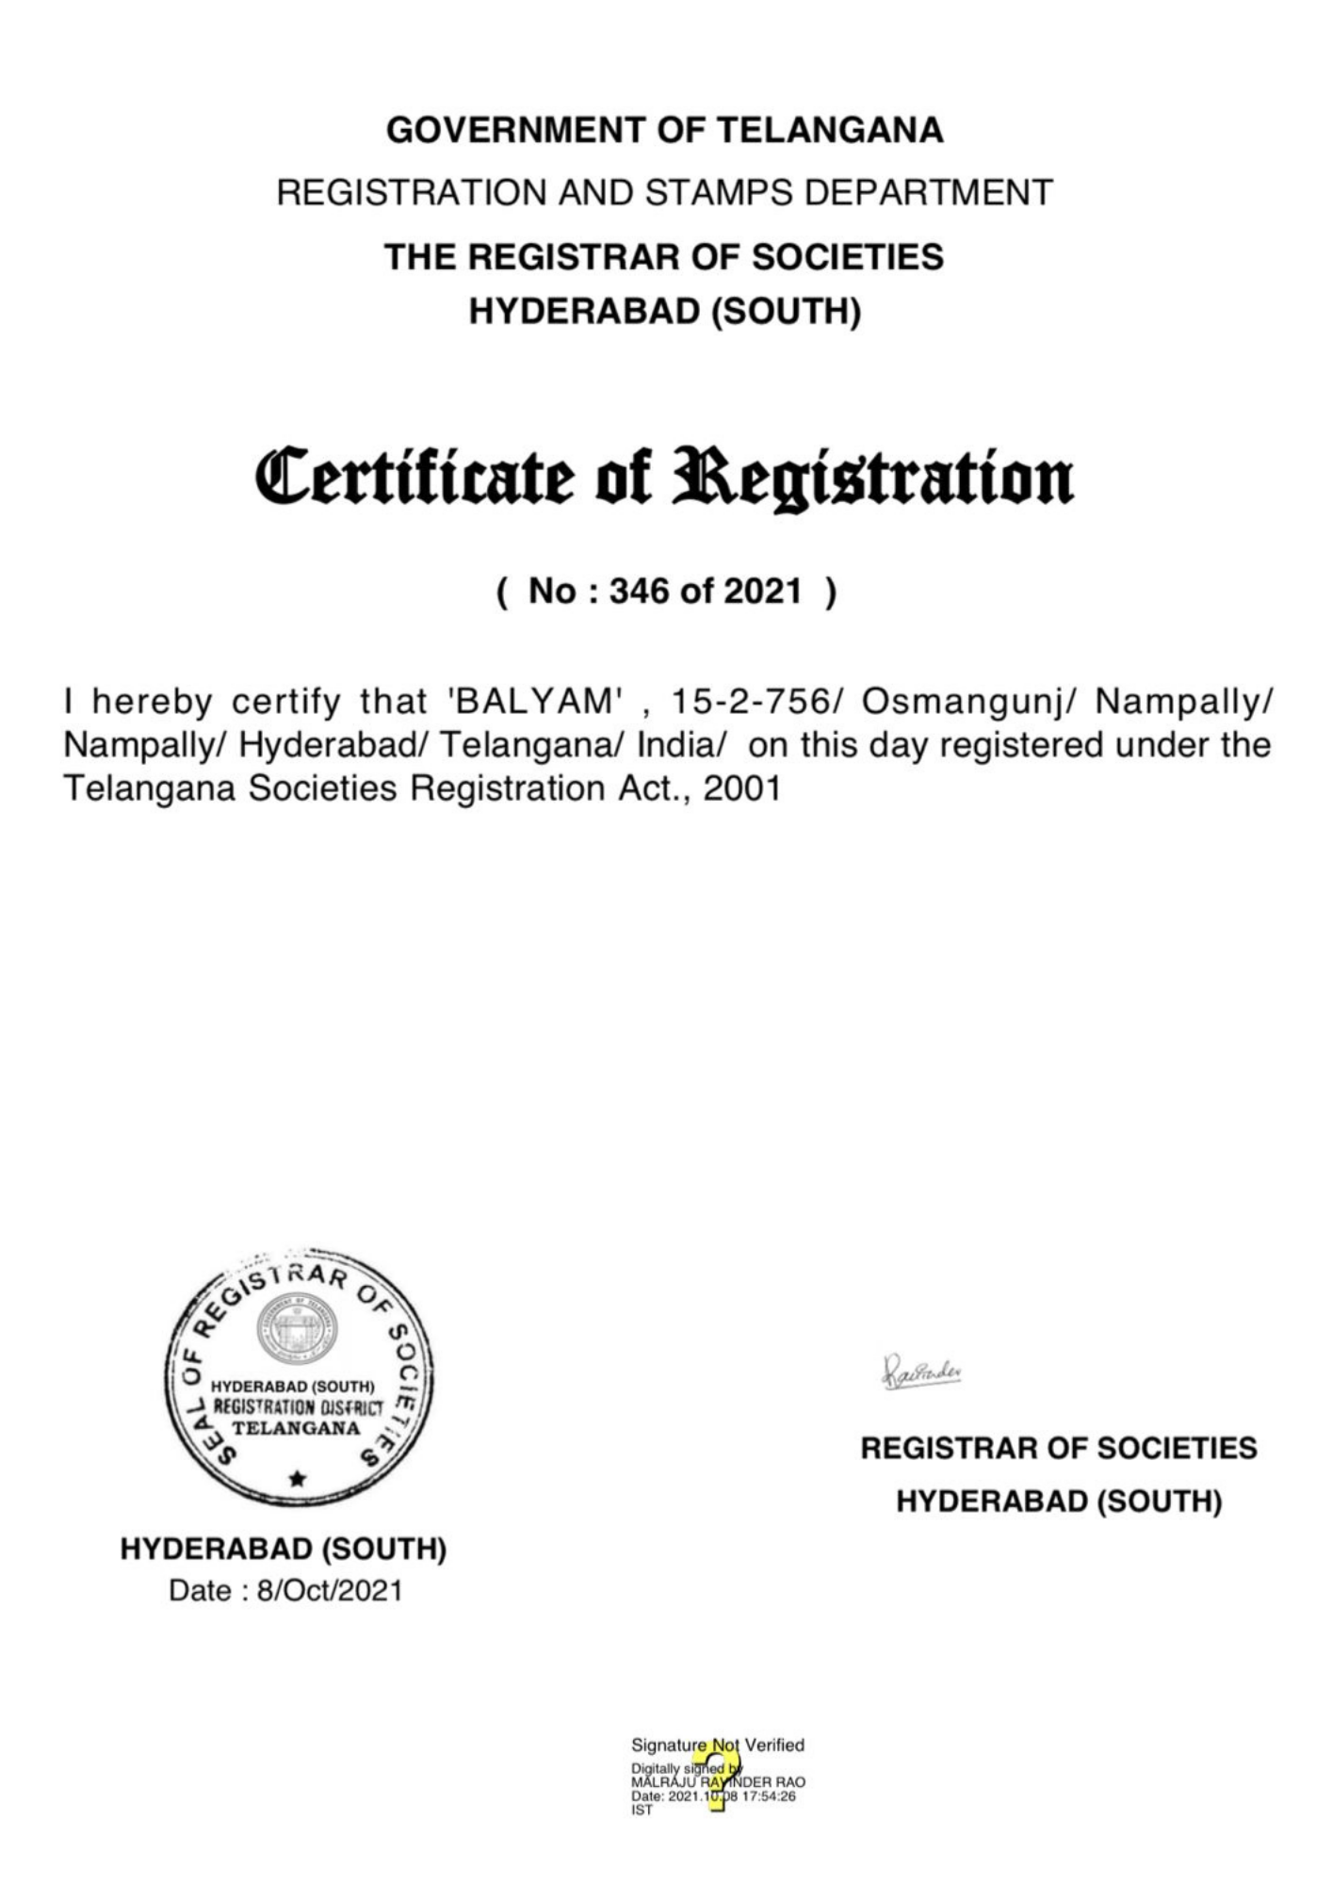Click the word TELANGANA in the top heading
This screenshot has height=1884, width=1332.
click(x=830, y=130)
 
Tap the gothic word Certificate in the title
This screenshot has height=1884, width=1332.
click(x=414, y=478)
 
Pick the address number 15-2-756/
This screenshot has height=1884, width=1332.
click(x=756, y=702)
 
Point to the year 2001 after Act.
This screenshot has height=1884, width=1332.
click(x=742, y=788)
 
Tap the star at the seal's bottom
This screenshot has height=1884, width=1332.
click(x=298, y=1478)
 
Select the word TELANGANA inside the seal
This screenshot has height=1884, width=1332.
click(x=296, y=1428)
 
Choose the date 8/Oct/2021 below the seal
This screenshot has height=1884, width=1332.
click(x=329, y=1591)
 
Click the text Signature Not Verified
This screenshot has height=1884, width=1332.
click(x=718, y=1746)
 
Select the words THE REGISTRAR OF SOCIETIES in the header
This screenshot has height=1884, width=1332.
click(x=664, y=257)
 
